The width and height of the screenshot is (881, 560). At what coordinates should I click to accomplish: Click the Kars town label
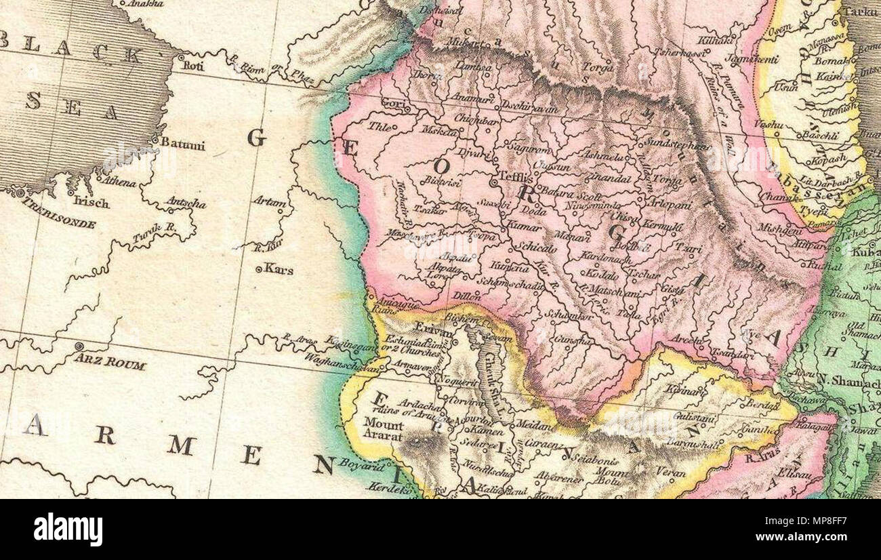pos(279,270)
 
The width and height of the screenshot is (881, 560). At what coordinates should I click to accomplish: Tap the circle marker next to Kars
pos(259,270)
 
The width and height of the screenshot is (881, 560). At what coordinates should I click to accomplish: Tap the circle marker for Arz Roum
pos(79,346)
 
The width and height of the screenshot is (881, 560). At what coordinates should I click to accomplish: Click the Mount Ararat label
pos(384,426)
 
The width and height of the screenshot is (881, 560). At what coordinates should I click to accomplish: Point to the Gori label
pos(391,102)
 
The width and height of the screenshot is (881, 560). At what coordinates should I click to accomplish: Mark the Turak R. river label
pos(154,233)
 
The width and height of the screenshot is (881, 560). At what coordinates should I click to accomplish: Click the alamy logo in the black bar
pos(68,529)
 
